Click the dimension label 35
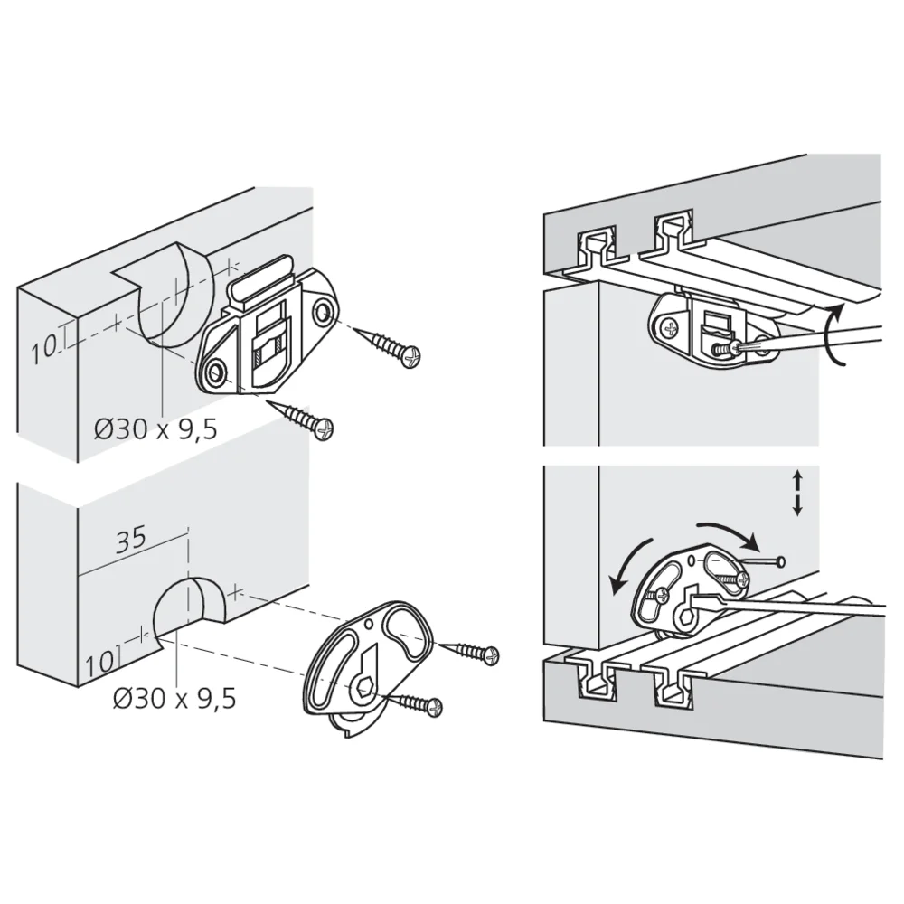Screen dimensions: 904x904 click(x=131, y=540)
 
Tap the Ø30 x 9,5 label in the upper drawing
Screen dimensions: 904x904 click(x=155, y=429)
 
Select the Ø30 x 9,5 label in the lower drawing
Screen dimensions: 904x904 click(x=174, y=698)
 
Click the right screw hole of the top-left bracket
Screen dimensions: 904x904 click(x=323, y=313)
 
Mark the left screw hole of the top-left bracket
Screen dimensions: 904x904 click(x=214, y=372)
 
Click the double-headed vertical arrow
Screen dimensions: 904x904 click(x=797, y=493)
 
